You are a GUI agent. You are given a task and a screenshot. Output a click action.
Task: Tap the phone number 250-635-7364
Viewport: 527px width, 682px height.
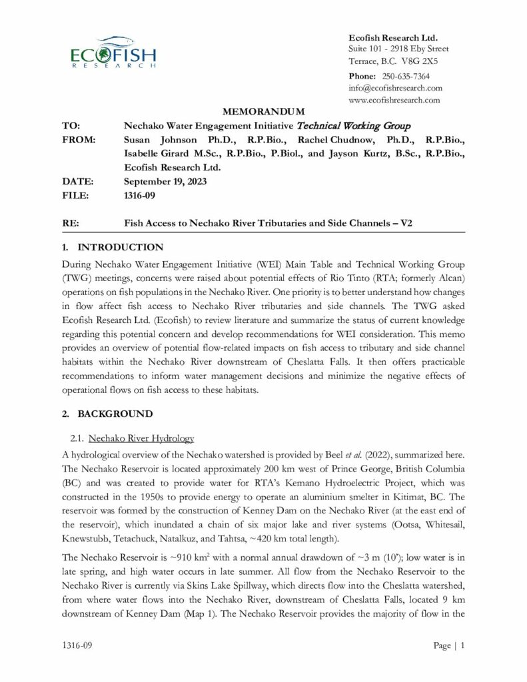click(406, 76)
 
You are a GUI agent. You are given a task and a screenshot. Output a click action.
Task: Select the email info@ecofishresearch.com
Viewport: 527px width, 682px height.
click(395, 88)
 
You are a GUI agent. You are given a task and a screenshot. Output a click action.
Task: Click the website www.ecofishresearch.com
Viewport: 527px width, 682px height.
click(394, 100)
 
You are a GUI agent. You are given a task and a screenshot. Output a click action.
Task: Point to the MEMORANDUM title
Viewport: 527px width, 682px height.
click(263, 111)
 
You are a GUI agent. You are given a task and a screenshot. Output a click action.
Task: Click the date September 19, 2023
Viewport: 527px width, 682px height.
click(166, 181)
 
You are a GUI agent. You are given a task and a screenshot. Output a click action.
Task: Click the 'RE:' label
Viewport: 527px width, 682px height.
click(70, 223)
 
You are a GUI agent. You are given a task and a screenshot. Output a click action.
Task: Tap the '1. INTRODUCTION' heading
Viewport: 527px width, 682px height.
click(112, 247)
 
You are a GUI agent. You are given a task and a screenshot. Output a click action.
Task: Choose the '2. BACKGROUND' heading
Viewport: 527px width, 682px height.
click(107, 414)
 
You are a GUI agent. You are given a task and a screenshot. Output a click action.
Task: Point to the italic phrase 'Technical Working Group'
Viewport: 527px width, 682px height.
click(353, 125)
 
